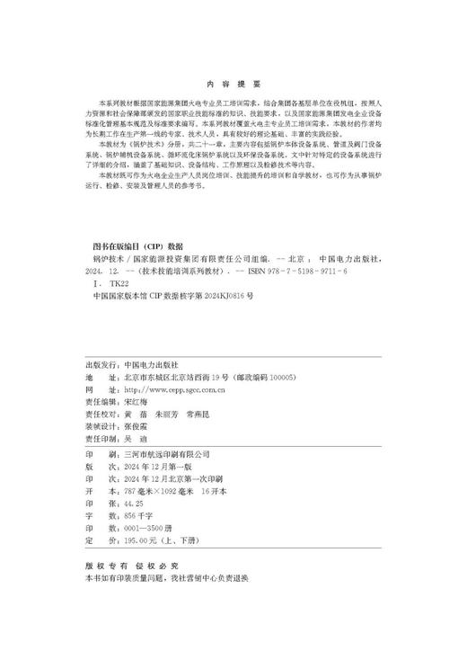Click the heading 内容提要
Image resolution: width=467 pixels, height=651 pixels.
233,80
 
